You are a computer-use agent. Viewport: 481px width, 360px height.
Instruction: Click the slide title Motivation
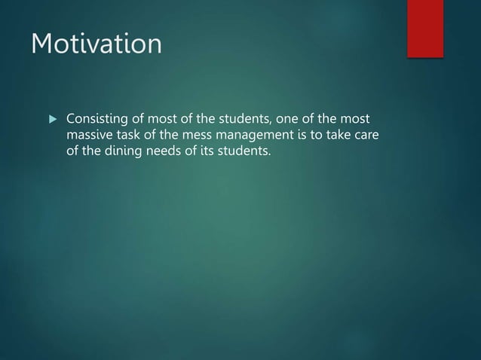pyautogui.click(x=96, y=44)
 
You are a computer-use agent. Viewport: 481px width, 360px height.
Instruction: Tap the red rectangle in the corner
pyautogui.click(x=425, y=27)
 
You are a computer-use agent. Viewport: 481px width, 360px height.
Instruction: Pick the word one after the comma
pyautogui.click(x=277, y=119)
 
